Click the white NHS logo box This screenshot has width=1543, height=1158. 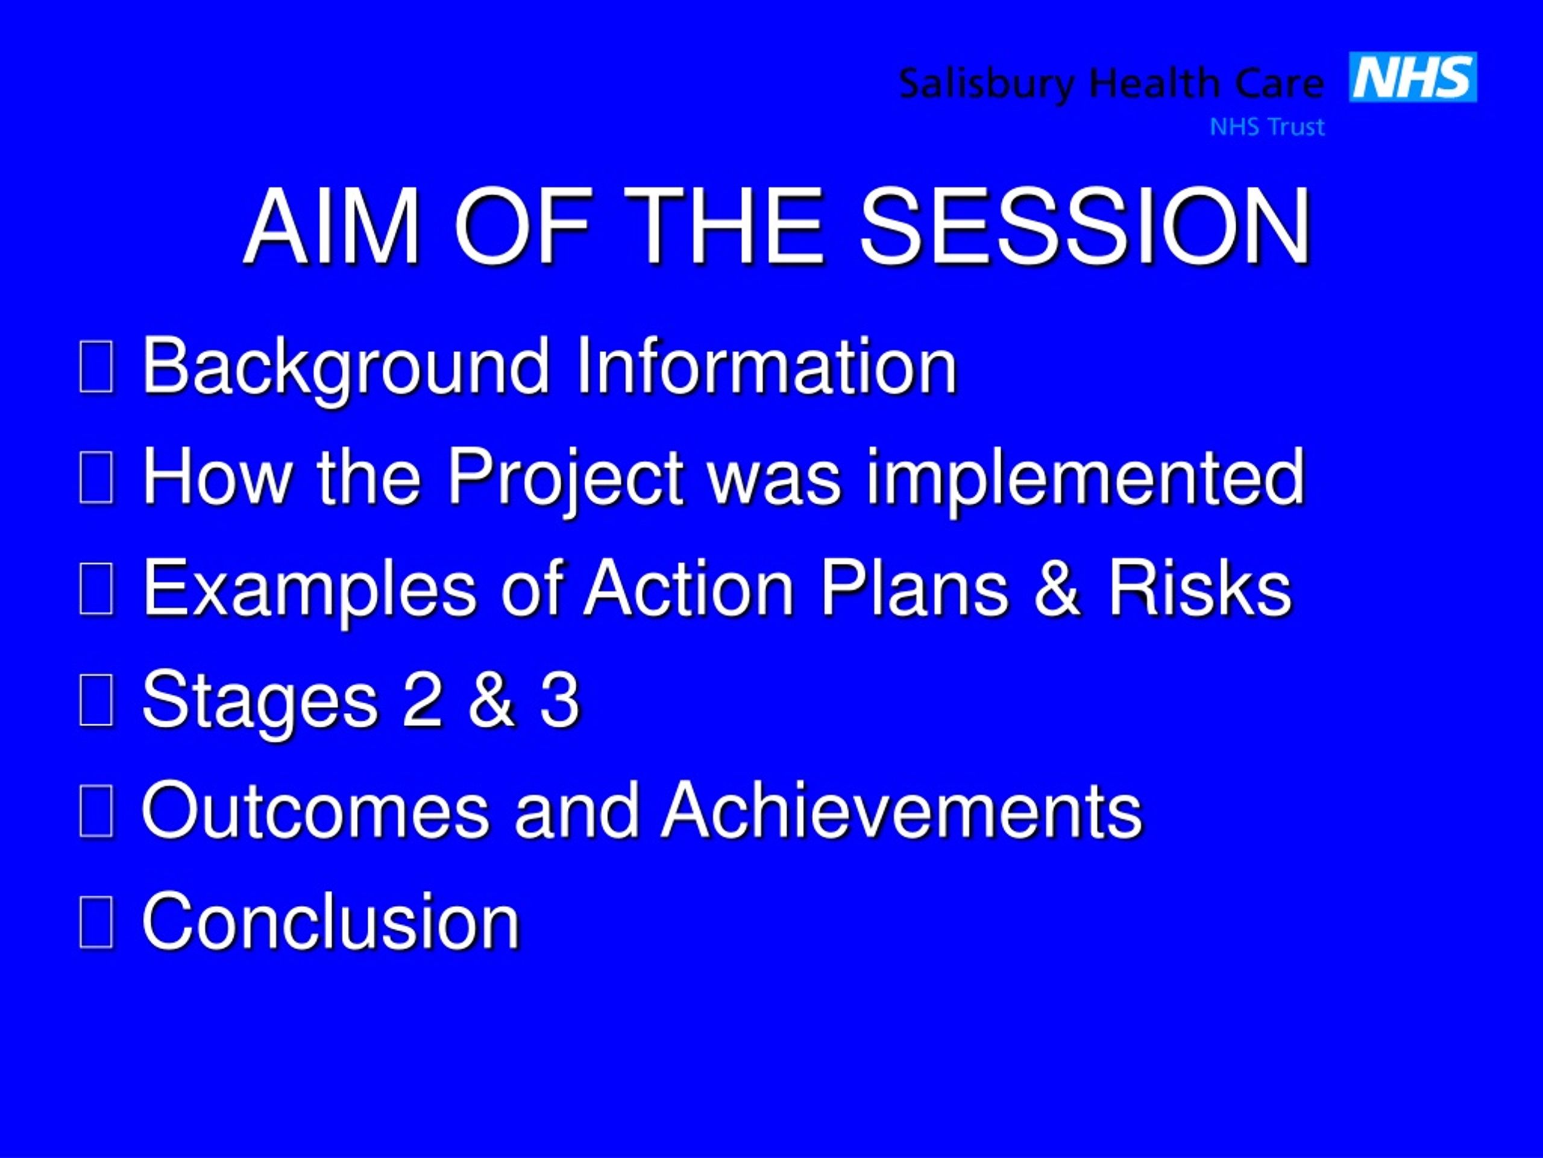[1413, 77]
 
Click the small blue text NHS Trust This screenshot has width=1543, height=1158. [1267, 127]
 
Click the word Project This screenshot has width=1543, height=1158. [565, 480]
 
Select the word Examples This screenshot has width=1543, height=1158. [310, 590]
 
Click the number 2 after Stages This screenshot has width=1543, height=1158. [422, 698]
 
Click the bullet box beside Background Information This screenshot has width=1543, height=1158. [96, 368]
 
